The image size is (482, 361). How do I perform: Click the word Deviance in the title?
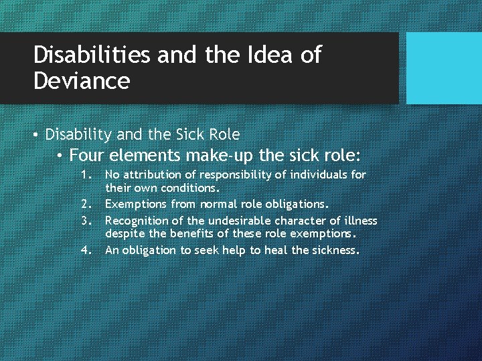click(81, 82)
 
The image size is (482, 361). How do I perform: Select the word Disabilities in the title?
click(92, 55)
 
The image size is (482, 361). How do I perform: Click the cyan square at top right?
click(444, 68)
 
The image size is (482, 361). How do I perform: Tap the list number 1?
click(85, 174)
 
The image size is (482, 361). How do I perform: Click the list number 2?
click(85, 203)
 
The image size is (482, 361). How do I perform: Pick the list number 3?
click(85, 221)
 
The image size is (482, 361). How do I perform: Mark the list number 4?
click(85, 251)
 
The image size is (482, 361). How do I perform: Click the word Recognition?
click(137, 221)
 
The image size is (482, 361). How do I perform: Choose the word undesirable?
click(244, 221)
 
